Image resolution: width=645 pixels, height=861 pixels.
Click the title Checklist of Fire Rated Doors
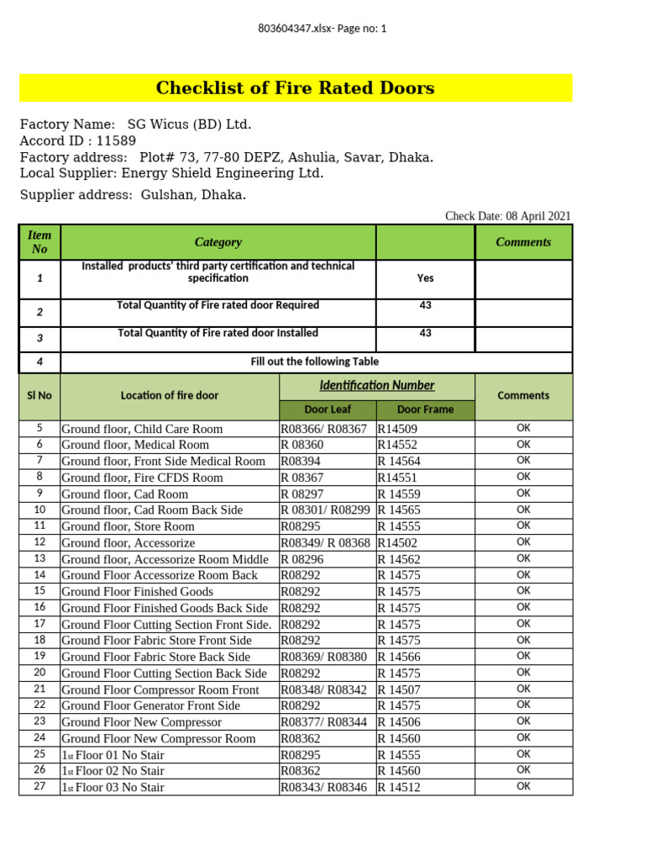coord(295,88)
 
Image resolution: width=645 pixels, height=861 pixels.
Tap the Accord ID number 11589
coord(116,141)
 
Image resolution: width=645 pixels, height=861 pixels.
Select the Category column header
coord(218,242)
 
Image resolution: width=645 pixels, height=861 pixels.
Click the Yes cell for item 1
coord(425,277)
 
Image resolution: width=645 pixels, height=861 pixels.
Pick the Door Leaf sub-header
coord(328,409)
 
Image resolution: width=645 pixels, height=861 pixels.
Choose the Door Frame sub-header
coord(425,409)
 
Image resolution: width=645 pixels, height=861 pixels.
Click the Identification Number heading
coord(377,385)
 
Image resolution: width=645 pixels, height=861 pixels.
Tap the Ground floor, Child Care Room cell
coord(142,429)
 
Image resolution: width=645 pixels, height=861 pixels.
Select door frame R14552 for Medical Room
coord(397,445)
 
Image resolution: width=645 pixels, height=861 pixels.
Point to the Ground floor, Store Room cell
coord(128,526)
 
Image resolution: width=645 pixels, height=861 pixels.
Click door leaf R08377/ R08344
coord(323,722)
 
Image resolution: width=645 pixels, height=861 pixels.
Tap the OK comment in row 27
coord(523,787)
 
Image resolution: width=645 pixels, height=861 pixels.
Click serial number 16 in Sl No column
coord(39,607)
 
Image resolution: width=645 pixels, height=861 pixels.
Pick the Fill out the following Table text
coord(315,362)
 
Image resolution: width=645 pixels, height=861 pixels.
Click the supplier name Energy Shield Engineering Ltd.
coord(223,173)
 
